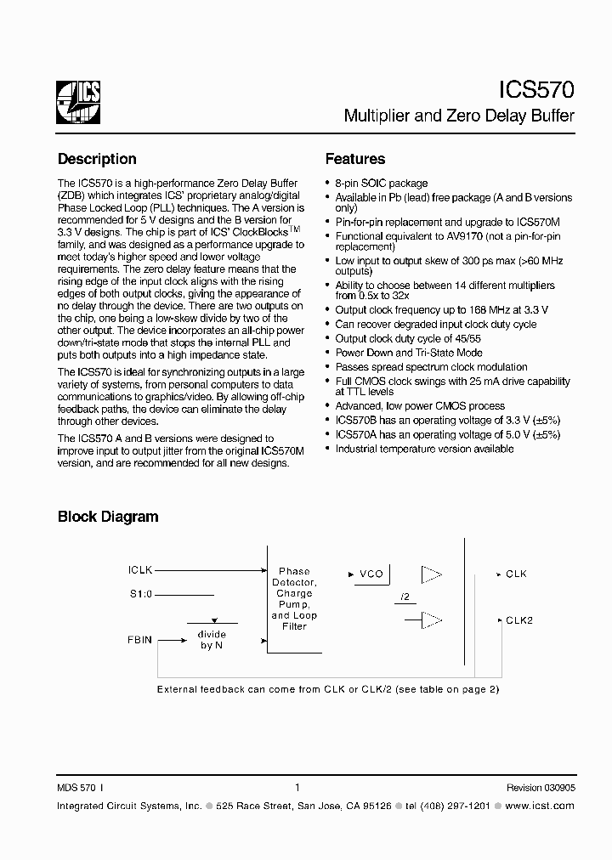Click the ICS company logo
(x=79, y=103)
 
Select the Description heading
(x=97, y=159)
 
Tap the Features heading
(x=355, y=159)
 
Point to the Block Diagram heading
(x=108, y=516)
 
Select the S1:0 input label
(x=139, y=595)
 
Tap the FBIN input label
(x=140, y=639)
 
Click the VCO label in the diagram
(x=371, y=574)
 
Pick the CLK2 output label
(x=519, y=620)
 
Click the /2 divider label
(x=404, y=597)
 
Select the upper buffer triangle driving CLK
(x=431, y=574)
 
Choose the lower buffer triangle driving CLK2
(x=431, y=620)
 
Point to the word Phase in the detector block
(x=294, y=571)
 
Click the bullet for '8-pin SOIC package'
(x=328, y=184)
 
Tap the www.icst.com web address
(x=546, y=804)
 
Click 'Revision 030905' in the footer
(x=541, y=788)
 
